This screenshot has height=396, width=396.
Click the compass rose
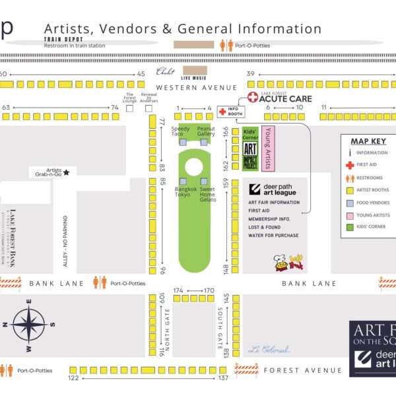[28, 324]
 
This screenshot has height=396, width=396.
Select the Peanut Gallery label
[206, 131]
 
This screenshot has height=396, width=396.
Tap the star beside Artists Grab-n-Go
[66, 172]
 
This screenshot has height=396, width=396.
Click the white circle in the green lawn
[193, 166]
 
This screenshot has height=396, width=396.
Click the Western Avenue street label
[196, 88]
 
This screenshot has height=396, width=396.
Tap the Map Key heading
[368, 141]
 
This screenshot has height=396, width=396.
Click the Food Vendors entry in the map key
[373, 203]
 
